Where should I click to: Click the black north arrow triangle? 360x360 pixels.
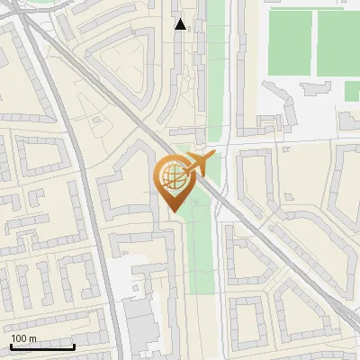pyautogui.click(x=181, y=24)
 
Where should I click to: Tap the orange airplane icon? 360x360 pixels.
pyautogui.click(x=196, y=164)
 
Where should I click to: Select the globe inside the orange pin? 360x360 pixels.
pyautogui.click(x=171, y=176)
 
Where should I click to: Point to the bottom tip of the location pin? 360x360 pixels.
pyautogui.click(x=171, y=211)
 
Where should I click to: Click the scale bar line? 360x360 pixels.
pyautogui.click(x=42, y=346)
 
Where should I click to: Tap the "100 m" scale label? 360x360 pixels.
pyautogui.click(x=23, y=338)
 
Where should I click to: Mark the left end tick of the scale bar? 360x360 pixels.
pyautogui.click(x=11, y=346)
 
